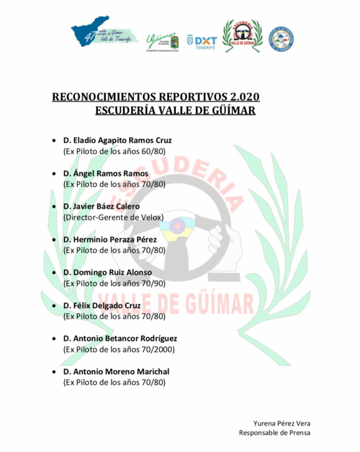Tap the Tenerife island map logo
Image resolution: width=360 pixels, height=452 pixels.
pyautogui.click(x=103, y=34)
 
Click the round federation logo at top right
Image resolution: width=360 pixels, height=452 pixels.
pyautogui.click(x=281, y=39)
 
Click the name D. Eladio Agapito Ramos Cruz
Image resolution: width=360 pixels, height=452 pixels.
pyautogui.click(x=117, y=140)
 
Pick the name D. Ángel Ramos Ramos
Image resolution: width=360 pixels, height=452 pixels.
pyautogui.click(x=106, y=173)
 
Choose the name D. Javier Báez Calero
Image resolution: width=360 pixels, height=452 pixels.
pyautogui.click(x=101, y=207)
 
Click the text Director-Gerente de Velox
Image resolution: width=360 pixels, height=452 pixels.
pyautogui.click(x=114, y=217)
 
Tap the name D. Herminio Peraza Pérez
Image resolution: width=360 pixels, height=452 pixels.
pyautogui.click(x=110, y=240)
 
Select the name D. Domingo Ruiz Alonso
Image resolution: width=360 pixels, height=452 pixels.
pyautogui.click(x=107, y=272)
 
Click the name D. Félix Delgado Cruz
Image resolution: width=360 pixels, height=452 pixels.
pyautogui.click(x=102, y=305)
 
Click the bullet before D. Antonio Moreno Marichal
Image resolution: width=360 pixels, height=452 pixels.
pyautogui.click(x=54, y=372)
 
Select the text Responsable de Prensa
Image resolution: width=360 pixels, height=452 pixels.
pyautogui.click(x=274, y=433)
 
